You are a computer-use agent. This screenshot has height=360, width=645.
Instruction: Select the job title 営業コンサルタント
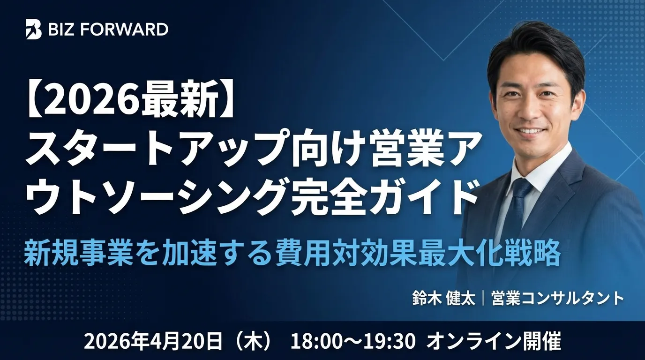pos(557,299)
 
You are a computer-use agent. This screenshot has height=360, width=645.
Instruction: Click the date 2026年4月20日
pos(152,341)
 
